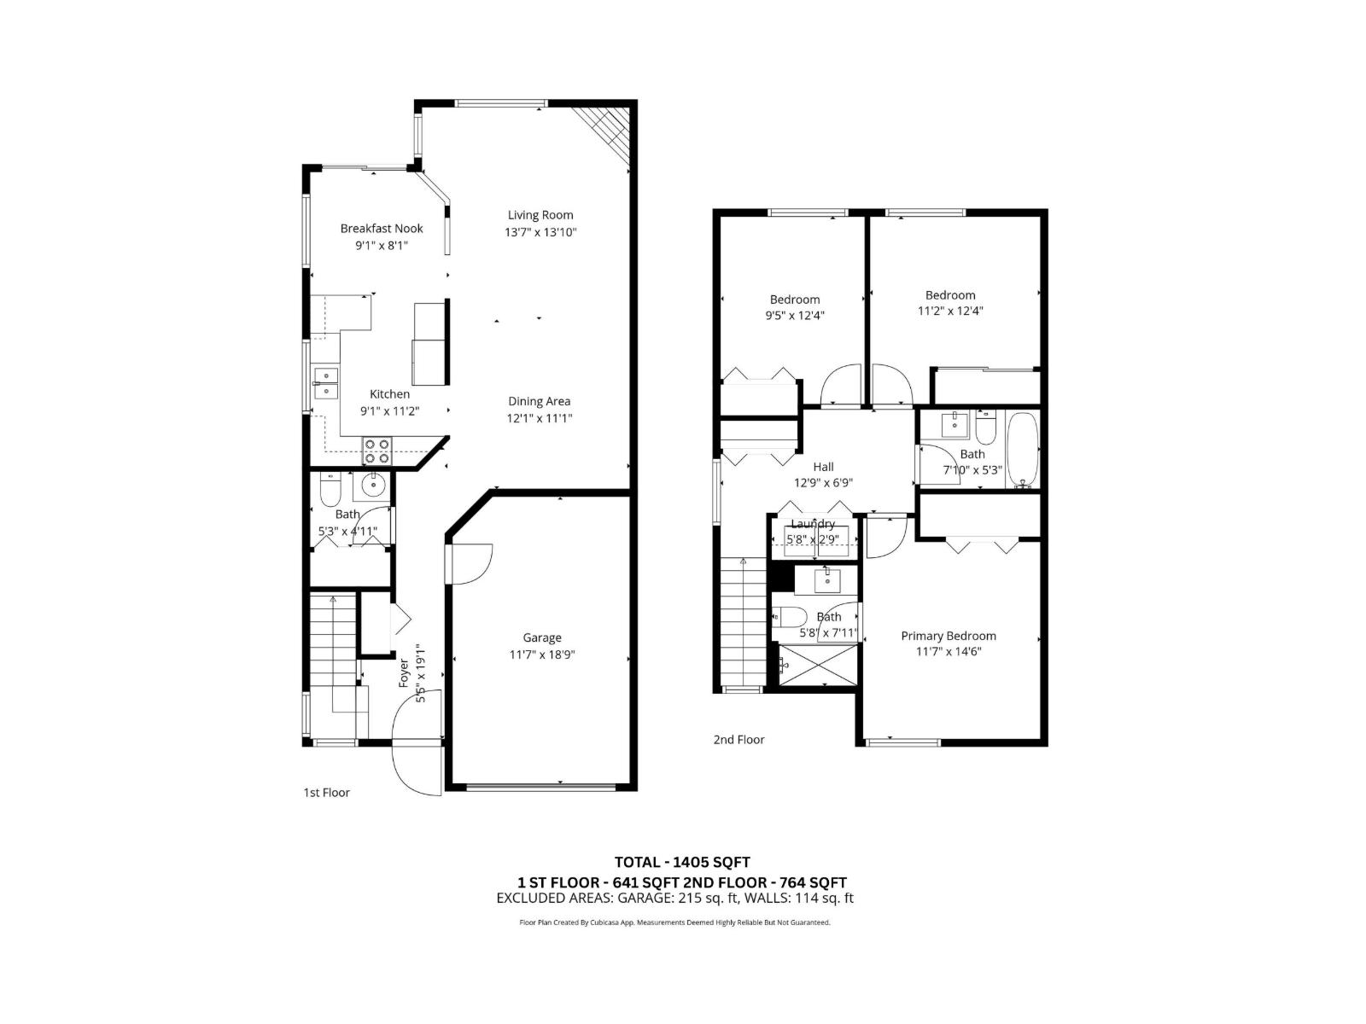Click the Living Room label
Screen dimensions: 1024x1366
pyautogui.click(x=540, y=215)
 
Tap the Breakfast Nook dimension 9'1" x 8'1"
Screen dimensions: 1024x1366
pyautogui.click(x=382, y=246)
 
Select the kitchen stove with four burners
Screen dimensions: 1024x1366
pyautogui.click(x=377, y=451)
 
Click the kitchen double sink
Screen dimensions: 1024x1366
pyautogui.click(x=325, y=383)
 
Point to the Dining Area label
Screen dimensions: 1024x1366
pyautogui.click(x=539, y=401)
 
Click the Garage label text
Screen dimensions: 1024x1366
pyautogui.click(x=542, y=637)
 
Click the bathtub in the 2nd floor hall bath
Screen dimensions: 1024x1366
pyautogui.click(x=1022, y=450)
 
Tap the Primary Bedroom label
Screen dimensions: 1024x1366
pyautogui.click(x=949, y=636)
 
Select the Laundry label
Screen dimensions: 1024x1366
pyautogui.click(x=812, y=524)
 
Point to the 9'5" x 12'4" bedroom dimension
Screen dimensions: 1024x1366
pyautogui.click(x=795, y=316)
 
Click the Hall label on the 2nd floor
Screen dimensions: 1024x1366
pyautogui.click(x=823, y=467)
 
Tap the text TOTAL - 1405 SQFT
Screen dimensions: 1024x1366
pyautogui.click(x=682, y=862)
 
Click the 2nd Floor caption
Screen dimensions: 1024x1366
pyautogui.click(x=738, y=740)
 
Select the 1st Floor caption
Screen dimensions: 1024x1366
pyautogui.click(x=326, y=793)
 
